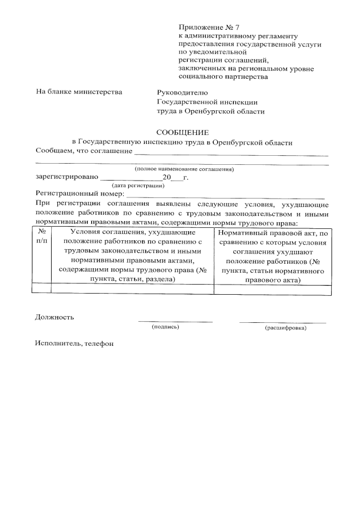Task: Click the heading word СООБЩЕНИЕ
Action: click(x=183, y=133)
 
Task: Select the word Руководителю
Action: click(x=182, y=92)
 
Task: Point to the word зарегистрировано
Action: click(x=66, y=177)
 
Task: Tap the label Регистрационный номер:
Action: click(x=79, y=193)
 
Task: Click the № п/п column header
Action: click(x=40, y=237)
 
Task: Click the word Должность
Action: click(x=55, y=317)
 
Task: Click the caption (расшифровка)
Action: click(x=285, y=327)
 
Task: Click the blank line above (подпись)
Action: click(x=175, y=321)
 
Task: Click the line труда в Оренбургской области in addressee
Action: click(x=210, y=111)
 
